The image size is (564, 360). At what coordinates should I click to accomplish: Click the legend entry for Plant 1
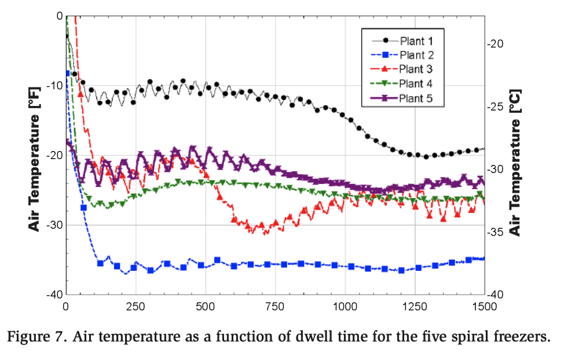pyautogui.click(x=416, y=41)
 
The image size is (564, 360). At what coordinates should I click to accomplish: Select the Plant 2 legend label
pyautogui.click(x=416, y=56)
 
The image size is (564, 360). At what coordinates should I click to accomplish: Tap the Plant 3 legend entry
pyautogui.click(x=416, y=69)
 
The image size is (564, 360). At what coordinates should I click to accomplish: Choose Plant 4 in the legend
pyautogui.click(x=416, y=83)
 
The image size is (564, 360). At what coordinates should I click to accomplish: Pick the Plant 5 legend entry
pyautogui.click(x=416, y=98)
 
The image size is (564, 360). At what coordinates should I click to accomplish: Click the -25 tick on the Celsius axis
pyautogui.click(x=497, y=106)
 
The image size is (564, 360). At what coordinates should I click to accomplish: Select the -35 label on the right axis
pyautogui.click(x=497, y=232)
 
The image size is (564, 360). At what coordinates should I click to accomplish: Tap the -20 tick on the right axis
pyautogui.click(x=497, y=44)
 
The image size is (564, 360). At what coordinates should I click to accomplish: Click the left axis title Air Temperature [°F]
pyautogui.click(x=36, y=155)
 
